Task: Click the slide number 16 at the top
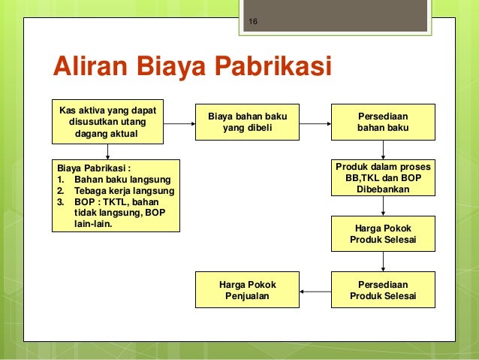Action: pyautogui.click(x=252, y=23)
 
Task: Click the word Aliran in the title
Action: pyautogui.click(x=87, y=68)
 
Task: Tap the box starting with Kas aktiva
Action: pyautogui.click(x=108, y=121)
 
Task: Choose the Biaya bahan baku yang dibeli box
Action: pyautogui.click(x=247, y=122)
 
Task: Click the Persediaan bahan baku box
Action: pyautogui.click(x=382, y=122)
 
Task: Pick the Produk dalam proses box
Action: pyautogui.click(x=383, y=177)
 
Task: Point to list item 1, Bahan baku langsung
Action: pyautogui.click(x=117, y=180)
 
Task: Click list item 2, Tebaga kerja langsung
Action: pyautogui.click(x=119, y=192)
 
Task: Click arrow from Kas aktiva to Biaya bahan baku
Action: pyautogui.click(x=180, y=122)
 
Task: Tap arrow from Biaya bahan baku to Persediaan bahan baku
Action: pyautogui.click(x=315, y=122)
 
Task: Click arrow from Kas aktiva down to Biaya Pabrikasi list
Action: pyautogui.click(x=108, y=151)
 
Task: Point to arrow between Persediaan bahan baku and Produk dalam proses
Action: pyautogui.click(x=383, y=150)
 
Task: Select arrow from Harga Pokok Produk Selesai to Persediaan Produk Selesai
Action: pyautogui.click(x=383, y=262)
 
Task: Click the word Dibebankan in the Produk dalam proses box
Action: pyautogui.click(x=383, y=189)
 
